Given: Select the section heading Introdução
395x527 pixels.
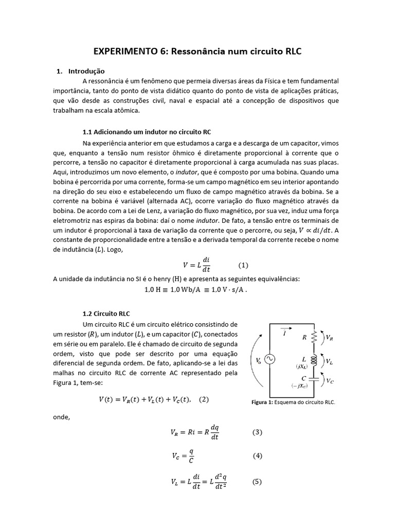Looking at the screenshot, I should pos(86,71).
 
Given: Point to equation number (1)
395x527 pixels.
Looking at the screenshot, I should pos(243,266).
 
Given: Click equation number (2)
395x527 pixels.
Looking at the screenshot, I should pos(204,399).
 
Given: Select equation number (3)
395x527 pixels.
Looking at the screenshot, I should pos(257,432).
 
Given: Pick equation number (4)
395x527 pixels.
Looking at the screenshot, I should pos(257,455).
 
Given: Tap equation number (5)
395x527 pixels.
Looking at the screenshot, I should pos(257,482).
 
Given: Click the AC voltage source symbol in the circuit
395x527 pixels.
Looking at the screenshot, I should pos(268,360).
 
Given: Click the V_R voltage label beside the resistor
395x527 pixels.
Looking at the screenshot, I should pos(329,338).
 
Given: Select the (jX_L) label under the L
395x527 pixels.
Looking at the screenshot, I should pos(302,366).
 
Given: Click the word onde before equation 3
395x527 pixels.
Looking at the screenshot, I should pos(61,416).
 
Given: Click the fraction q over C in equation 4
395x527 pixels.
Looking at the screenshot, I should pos(191,455).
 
